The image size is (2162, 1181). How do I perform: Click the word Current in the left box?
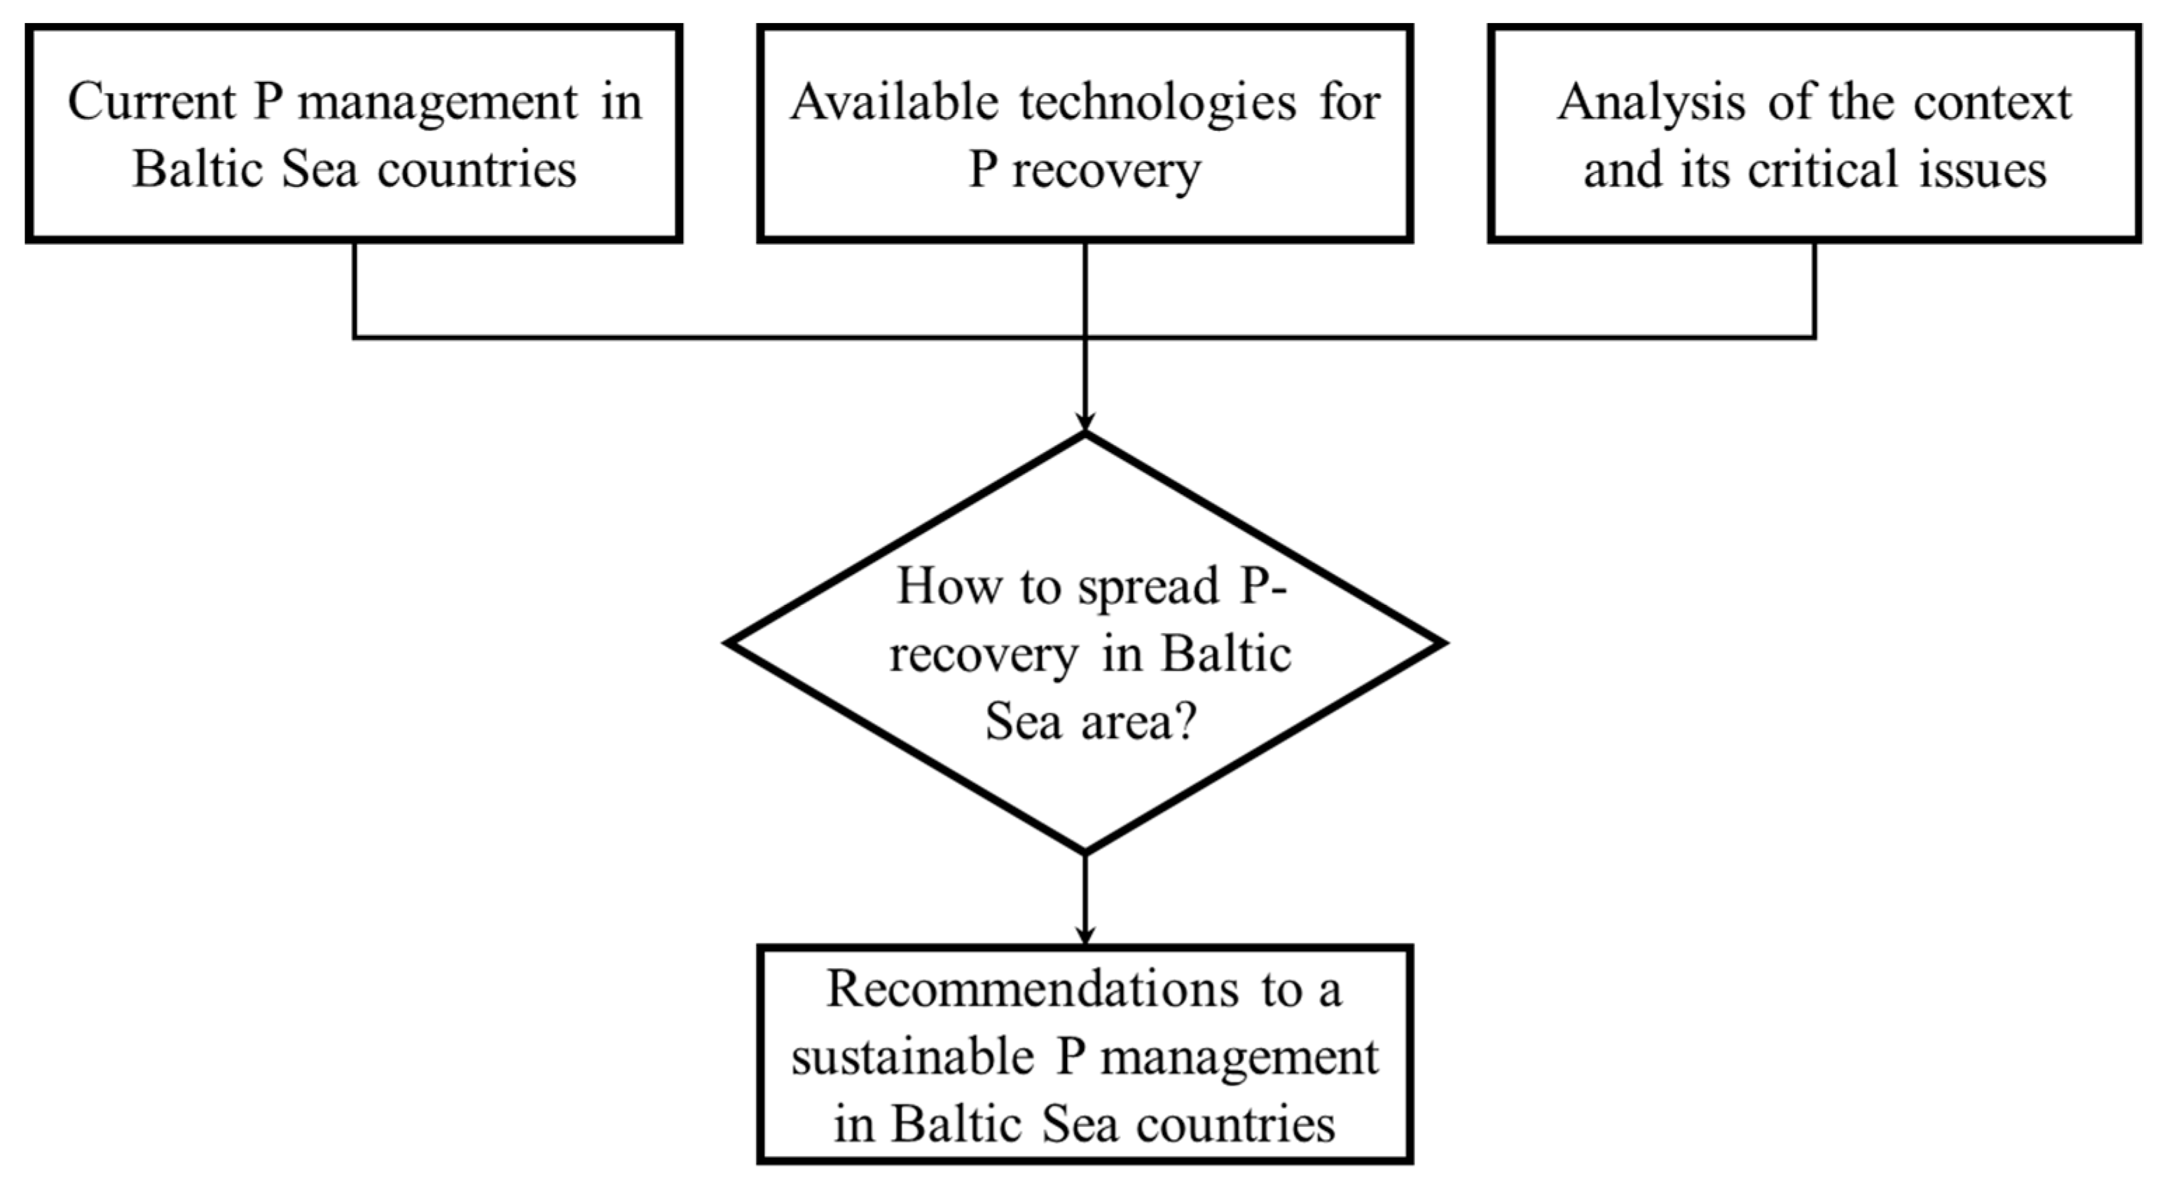(151, 102)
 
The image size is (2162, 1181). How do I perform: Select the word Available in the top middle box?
(894, 102)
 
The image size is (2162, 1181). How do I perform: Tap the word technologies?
(1158, 102)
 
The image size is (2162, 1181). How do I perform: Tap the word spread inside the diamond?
(1148, 586)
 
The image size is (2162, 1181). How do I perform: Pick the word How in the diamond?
(949, 586)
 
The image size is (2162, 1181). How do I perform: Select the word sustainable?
(912, 1058)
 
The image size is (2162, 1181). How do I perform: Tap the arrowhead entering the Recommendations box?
(1085, 934)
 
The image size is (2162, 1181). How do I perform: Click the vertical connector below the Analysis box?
(1815, 289)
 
